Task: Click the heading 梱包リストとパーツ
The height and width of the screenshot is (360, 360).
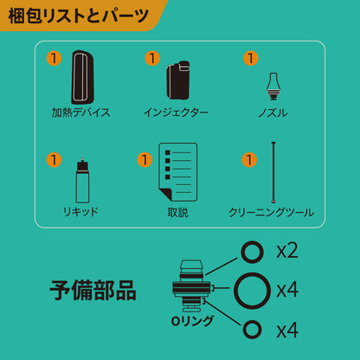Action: pos(79,16)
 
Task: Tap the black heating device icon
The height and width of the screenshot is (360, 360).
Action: pos(82,77)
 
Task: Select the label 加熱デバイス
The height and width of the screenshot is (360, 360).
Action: pos(80,112)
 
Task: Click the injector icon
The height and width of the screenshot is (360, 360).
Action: pos(178,80)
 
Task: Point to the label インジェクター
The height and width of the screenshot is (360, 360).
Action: pos(176,112)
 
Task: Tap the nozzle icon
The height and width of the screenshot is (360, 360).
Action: pos(273,87)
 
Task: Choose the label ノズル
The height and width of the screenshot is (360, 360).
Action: pos(273,112)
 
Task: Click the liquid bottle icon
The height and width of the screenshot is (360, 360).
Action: pos(82,181)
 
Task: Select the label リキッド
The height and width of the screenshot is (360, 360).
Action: pos(80,212)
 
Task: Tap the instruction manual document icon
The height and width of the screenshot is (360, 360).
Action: pos(178,172)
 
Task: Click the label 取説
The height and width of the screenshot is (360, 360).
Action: pos(178,213)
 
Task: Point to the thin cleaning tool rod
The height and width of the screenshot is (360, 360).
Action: pos(273,172)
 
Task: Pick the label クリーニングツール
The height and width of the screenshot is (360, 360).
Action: pos(271,213)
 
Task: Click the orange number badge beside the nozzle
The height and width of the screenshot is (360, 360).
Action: pos(251,59)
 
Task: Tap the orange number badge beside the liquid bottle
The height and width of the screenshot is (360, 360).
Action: pos(55,160)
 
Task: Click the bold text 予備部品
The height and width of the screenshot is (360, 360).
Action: pos(93,290)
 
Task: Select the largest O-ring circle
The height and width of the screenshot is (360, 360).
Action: pos(252,289)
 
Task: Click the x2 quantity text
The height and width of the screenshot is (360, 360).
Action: pos(287,251)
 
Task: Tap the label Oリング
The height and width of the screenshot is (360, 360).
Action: pos(192,321)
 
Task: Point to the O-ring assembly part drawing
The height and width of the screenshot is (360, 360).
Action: pos(191,286)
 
